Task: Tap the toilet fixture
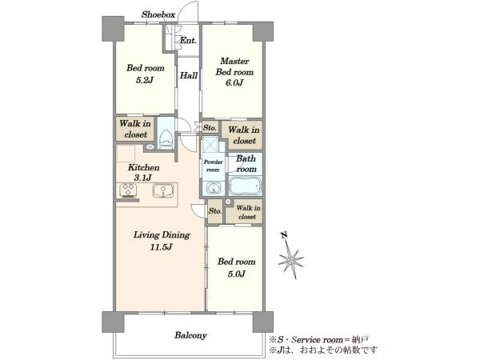click(x=166, y=139)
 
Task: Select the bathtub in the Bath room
click(x=245, y=186)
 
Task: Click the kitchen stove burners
click(x=128, y=190)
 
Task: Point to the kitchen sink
click(x=163, y=191)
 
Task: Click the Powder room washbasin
click(x=214, y=188)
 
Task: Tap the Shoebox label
click(x=158, y=14)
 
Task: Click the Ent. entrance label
click(x=188, y=41)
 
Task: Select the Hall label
click(x=188, y=75)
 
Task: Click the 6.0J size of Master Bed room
click(x=234, y=83)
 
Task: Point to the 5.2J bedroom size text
click(x=145, y=80)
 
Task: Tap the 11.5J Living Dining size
click(x=161, y=246)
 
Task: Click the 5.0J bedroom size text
click(x=236, y=274)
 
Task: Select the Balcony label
click(x=190, y=335)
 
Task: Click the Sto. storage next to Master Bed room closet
click(x=210, y=128)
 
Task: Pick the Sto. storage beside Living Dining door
click(x=215, y=211)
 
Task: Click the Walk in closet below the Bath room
click(x=248, y=212)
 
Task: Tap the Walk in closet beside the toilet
click(x=135, y=129)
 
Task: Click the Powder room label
click(x=213, y=166)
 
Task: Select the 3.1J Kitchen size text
click(x=142, y=178)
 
